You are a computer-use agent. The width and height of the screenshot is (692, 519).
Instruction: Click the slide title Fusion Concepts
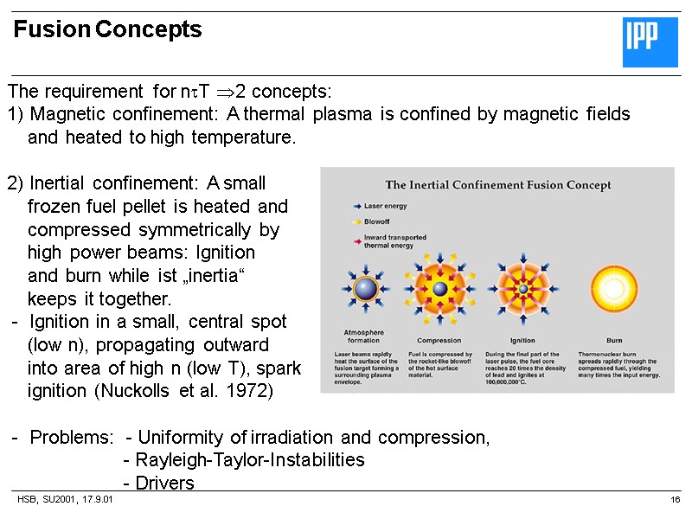[x=108, y=30]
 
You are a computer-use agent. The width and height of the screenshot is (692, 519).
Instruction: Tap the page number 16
[x=676, y=501]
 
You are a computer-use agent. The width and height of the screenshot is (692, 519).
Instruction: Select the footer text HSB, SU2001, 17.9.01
[x=66, y=501]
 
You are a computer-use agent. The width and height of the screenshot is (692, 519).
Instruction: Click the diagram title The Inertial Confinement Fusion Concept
[x=498, y=185]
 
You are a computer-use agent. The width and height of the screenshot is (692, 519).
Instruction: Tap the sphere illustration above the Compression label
[x=440, y=288]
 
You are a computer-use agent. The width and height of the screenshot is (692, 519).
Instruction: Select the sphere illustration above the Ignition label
[x=522, y=288]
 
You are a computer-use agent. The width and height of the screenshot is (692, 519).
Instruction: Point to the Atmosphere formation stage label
[x=363, y=336]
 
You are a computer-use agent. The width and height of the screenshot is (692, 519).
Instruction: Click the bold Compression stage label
[x=439, y=341]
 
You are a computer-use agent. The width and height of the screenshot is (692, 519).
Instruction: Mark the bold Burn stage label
[x=613, y=341]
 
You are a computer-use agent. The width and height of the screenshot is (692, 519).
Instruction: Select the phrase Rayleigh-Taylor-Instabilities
[x=245, y=460]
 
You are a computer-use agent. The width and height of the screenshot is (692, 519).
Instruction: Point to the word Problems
[x=70, y=438]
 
